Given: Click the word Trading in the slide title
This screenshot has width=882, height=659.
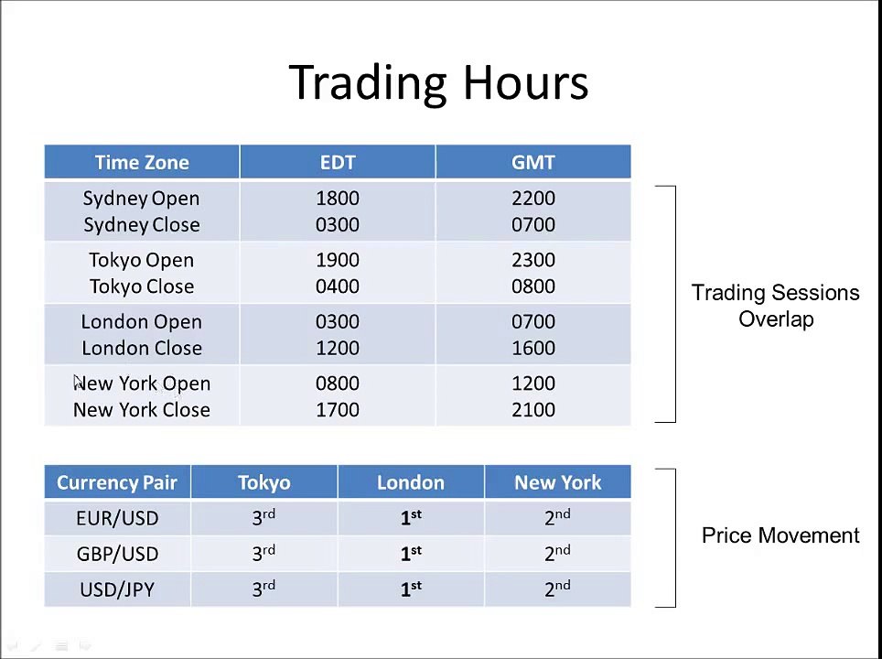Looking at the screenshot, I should pos(370,82).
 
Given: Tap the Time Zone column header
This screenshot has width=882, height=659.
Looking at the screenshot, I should pos(142,163).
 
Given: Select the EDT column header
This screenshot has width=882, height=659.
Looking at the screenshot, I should pos(337,163).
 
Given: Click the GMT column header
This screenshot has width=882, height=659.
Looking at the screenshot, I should pos(532,163).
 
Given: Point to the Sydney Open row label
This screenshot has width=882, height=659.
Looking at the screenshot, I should pos(141,199).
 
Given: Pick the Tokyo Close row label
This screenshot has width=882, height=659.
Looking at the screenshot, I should pos(141,286).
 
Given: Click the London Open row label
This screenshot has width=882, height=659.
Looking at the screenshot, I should pos(141,322).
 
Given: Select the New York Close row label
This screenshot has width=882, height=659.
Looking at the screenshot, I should pos(141,410).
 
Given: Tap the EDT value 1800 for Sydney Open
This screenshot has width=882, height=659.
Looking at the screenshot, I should pos(337,199).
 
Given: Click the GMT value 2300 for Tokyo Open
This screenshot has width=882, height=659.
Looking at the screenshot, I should pos(532,260).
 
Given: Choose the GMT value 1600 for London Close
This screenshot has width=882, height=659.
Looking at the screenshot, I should pos(532,349).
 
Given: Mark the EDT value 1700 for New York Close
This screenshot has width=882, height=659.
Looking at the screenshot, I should pos(337,410).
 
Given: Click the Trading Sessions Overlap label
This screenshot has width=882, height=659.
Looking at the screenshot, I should pos(775,306).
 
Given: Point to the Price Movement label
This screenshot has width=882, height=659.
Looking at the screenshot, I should pos(780,535).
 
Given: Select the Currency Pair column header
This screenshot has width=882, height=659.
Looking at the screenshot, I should pos(117,482).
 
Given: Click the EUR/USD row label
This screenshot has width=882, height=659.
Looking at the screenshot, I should pos(117,518).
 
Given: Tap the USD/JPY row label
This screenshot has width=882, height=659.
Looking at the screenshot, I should pos(117,589).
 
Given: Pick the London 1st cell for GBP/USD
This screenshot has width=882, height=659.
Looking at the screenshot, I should pos(410,554).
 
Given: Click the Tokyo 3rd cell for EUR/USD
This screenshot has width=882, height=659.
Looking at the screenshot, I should pos(264,518).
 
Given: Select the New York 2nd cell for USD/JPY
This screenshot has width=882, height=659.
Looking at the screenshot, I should pos(557,589).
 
